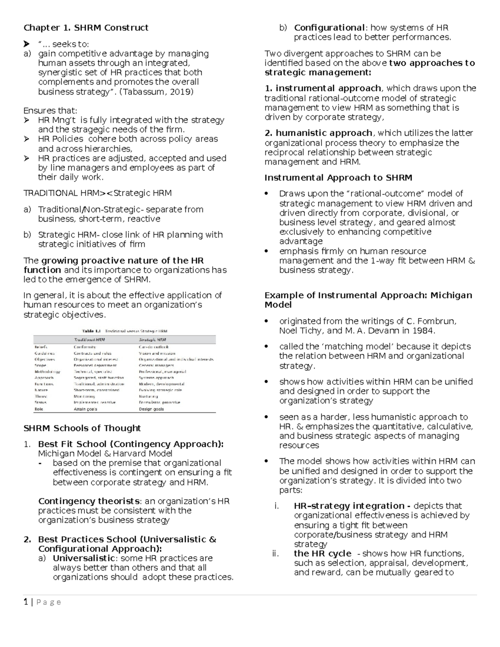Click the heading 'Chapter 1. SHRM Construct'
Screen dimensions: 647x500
coord(86,28)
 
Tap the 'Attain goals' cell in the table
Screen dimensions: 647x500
coord(85,409)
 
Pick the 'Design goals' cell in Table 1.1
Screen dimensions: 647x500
coord(151,409)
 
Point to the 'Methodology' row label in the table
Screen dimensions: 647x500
coord(47,372)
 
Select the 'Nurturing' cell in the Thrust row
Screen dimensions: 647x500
coord(148,397)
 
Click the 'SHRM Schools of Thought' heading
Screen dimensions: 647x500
coord(82,428)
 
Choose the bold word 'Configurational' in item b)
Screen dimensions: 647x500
coord(330,28)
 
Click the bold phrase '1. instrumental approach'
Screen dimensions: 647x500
coord(323,88)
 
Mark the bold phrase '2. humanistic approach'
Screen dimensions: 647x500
coord(319,133)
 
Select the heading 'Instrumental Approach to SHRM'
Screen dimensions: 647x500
coord(338,178)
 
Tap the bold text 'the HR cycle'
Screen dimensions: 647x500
coord(322,554)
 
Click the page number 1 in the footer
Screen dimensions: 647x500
coord(26,602)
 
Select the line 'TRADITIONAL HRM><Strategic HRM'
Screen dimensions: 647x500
coord(97,193)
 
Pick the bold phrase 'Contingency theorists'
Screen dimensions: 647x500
coord(89,501)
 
